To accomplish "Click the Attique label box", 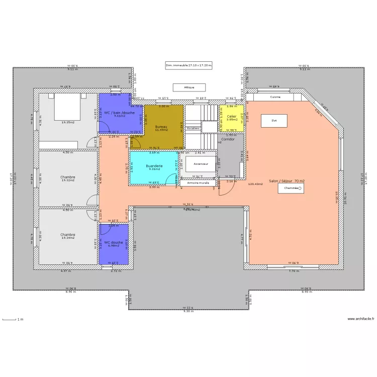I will click(x=189, y=87).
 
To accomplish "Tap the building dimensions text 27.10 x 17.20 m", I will click(x=189, y=65).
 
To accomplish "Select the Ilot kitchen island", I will click(x=274, y=121).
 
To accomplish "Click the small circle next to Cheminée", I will click(x=300, y=188).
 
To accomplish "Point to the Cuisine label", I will click(x=275, y=97).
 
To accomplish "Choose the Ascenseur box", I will click(x=201, y=164).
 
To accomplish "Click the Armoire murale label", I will click(x=198, y=183).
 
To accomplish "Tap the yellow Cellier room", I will click(x=232, y=119).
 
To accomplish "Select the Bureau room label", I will click(x=161, y=127).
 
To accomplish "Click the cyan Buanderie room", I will click(x=153, y=168).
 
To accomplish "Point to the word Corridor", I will click(x=228, y=139).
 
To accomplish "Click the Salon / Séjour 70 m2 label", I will click(x=287, y=181).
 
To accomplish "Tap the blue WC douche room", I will click(x=114, y=244).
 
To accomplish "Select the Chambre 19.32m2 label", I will click(x=68, y=178).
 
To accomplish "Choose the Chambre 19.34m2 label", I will click(x=68, y=236).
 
